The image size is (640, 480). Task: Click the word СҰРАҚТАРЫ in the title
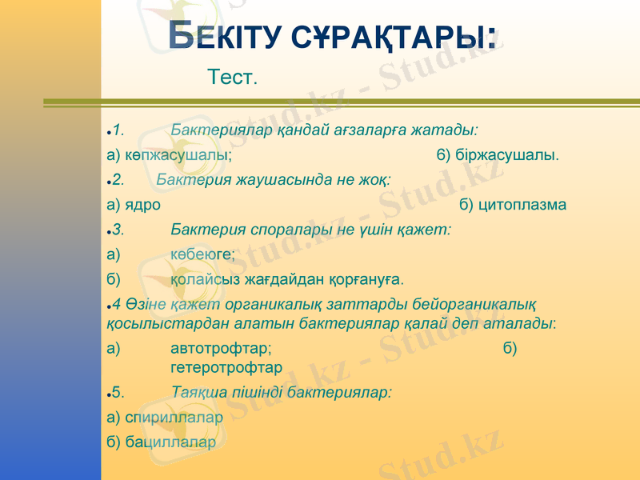coord(392,37)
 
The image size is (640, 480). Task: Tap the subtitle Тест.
coord(232,78)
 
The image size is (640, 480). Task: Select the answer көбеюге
coord(202,254)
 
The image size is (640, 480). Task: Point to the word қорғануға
coord(371,280)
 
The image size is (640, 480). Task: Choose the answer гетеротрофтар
coord(226,367)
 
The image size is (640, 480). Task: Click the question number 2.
coord(118,179)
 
